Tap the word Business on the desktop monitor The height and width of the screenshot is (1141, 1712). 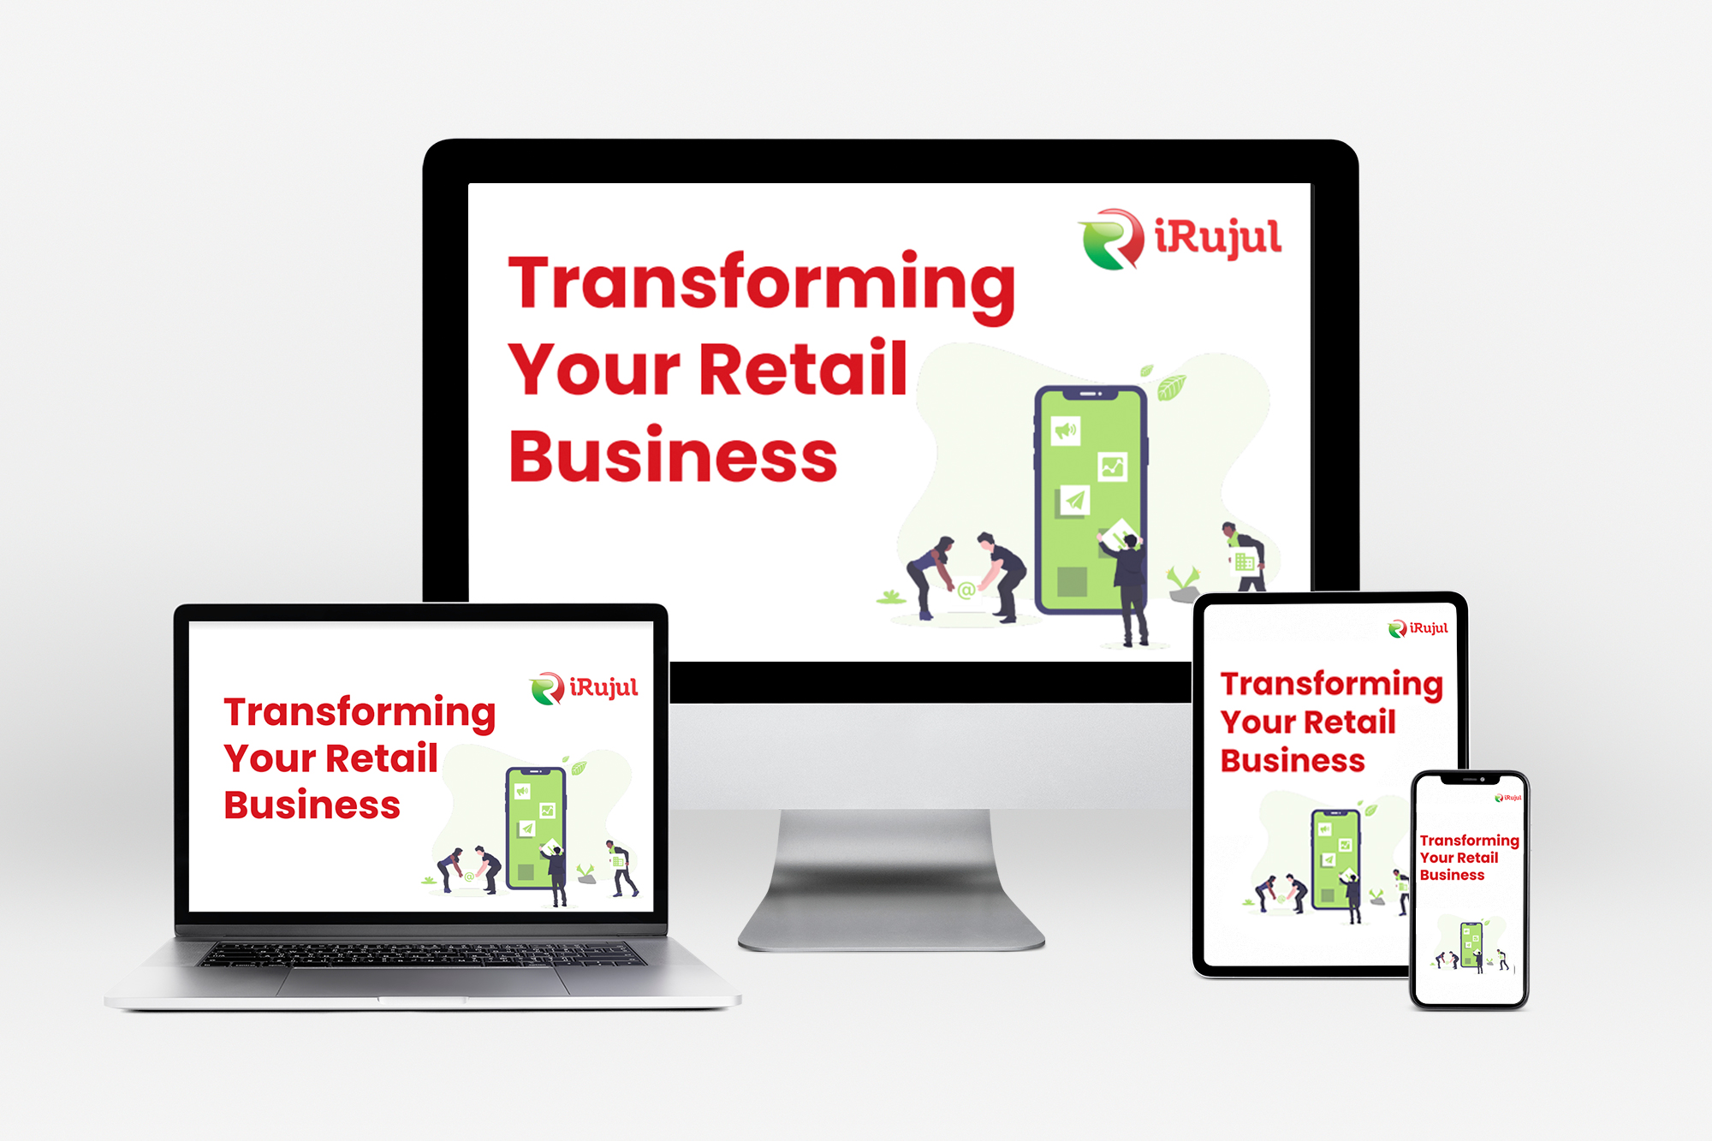click(673, 455)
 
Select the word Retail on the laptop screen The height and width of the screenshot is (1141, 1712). click(382, 758)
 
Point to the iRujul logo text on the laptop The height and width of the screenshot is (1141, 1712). click(603, 687)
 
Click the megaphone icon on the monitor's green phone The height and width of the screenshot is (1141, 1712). click(1066, 430)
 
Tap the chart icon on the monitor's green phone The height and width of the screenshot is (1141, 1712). click(1112, 467)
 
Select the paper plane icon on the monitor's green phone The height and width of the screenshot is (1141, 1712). click(1075, 500)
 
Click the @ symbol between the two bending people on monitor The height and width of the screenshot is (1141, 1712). click(966, 590)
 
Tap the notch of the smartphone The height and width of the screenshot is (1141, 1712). click(1469, 779)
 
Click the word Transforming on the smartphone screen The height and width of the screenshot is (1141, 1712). click(1469, 841)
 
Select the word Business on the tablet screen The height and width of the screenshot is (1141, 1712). click(1293, 760)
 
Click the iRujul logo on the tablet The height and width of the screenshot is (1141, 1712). click(1418, 628)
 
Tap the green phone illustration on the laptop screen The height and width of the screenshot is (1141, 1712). click(536, 828)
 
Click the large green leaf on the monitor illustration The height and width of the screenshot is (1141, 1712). click(1171, 388)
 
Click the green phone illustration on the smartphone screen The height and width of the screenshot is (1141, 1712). click(1471, 945)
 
